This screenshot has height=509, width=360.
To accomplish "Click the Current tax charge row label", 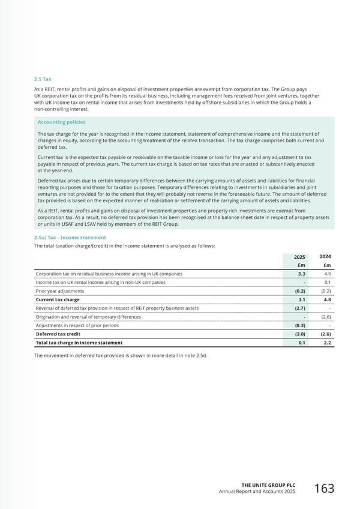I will point(58,300).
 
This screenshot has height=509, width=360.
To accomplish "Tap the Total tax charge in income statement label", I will point(79,343).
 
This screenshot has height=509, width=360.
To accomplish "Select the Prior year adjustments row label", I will point(60,291).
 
